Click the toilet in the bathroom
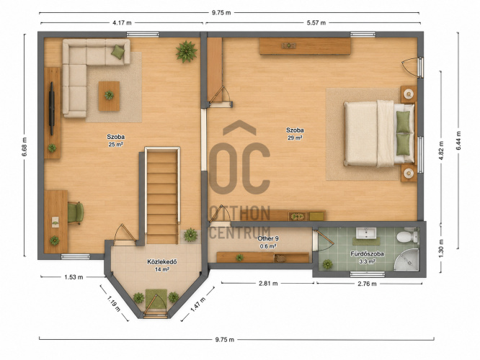(x=407, y=236)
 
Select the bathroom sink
(x=366, y=233)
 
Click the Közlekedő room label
(x=162, y=262)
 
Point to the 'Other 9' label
(x=268, y=238)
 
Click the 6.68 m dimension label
(x=25, y=146)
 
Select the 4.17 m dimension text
(x=122, y=22)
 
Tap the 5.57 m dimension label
(x=316, y=22)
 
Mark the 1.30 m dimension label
(x=441, y=248)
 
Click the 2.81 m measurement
(x=268, y=284)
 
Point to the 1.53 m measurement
(x=74, y=277)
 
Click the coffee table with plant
(x=109, y=96)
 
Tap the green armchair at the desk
(x=75, y=213)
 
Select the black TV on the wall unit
(x=52, y=108)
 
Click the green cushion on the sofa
(x=117, y=52)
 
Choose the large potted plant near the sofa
(x=186, y=51)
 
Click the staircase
(x=162, y=196)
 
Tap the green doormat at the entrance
(x=156, y=299)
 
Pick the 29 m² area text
(x=295, y=138)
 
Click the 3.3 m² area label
(x=367, y=261)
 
